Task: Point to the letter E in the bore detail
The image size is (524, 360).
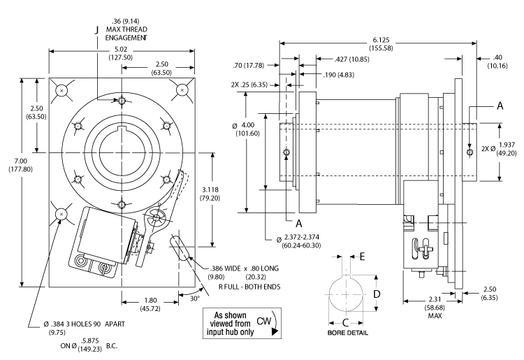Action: coord(362,257)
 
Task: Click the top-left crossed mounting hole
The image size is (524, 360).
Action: coord(61,89)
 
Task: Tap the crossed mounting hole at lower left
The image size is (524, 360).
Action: coord(61,213)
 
